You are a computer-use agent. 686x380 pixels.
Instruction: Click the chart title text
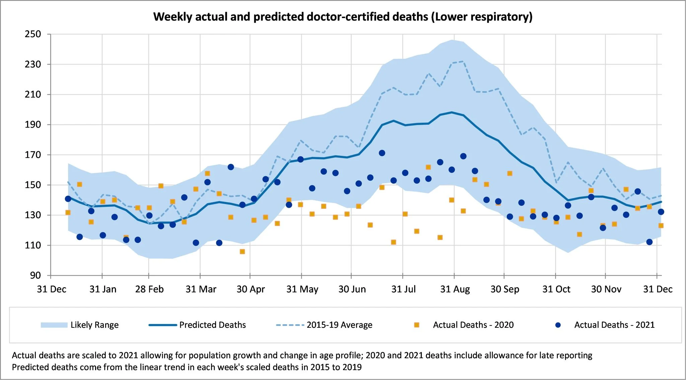coord(343,17)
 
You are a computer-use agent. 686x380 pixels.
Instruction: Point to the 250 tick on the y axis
coord(33,34)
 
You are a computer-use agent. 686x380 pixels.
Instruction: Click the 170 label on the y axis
coord(33,155)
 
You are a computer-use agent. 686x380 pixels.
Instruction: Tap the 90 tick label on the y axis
coord(35,275)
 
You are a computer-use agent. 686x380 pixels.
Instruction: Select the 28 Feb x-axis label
coord(149,289)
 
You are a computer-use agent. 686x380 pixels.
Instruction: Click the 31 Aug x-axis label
coord(455,289)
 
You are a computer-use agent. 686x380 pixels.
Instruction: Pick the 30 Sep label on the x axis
coord(505,289)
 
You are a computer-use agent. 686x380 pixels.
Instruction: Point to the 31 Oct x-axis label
coord(556,289)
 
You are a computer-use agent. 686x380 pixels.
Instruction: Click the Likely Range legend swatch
coord(54,325)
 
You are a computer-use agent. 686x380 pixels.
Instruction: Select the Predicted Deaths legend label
coord(212,325)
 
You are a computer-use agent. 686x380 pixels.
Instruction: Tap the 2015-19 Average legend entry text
coord(339,325)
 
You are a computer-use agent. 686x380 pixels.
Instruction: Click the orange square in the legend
coord(417,325)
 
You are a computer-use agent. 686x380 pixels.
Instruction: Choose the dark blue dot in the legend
coord(558,325)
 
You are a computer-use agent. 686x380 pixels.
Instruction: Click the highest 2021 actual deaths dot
coord(382,153)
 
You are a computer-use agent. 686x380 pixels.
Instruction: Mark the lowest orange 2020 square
coord(242,252)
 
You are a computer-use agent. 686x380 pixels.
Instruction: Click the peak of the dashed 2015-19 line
coord(463,61)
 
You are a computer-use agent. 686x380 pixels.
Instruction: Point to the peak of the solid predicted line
coord(452,112)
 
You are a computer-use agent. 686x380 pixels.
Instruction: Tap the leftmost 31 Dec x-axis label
coord(52,289)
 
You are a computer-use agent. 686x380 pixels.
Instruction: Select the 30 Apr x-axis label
coord(251,289)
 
